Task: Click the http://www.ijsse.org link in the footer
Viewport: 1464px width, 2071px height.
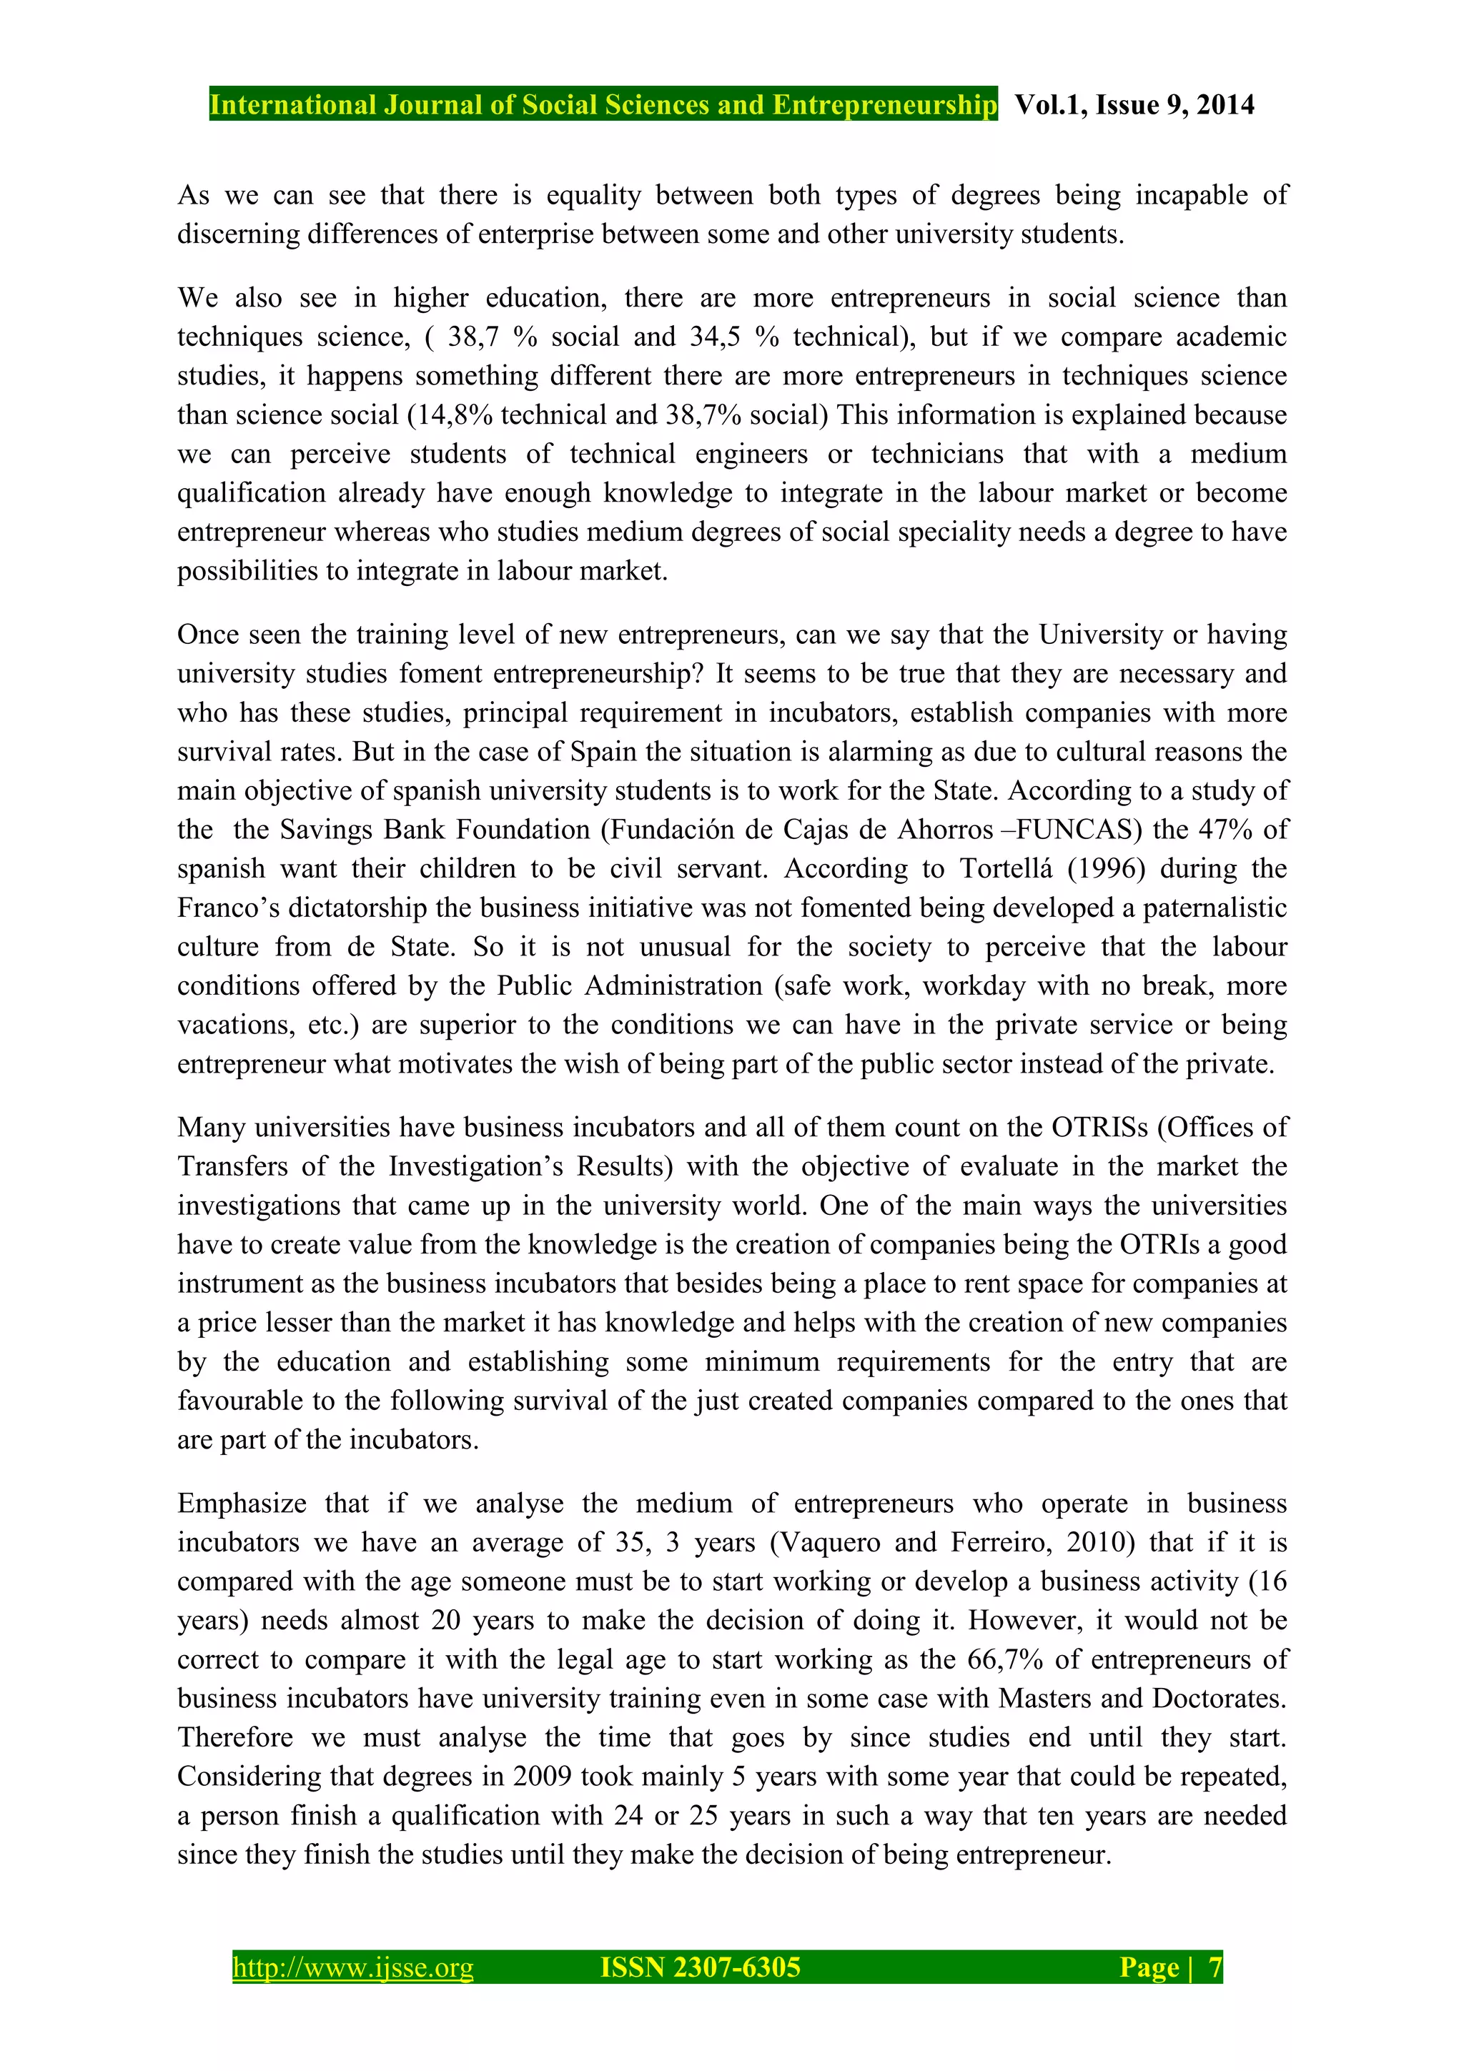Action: tap(352, 1967)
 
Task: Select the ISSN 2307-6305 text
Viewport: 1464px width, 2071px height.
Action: tap(700, 1967)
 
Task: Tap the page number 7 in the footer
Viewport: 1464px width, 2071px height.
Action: tap(1215, 1967)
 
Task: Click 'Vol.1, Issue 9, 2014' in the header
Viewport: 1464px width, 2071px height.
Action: tap(1134, 106)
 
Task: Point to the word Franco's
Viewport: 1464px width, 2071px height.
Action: tap(223, 908)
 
